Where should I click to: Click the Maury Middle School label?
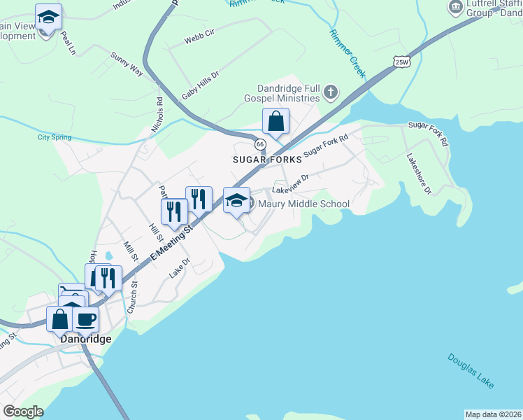[303, 204]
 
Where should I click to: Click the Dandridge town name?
[85, 339]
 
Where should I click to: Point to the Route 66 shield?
[260, 143]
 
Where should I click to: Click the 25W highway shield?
[401, 62]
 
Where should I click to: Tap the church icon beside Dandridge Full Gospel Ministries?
[331, 92]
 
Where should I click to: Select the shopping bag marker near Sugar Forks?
[276, 121]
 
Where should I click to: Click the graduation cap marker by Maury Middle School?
[236, 200]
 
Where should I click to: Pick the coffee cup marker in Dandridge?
[85, 319]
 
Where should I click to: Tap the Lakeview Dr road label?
[290, 184]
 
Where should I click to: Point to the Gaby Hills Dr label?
[201, 84]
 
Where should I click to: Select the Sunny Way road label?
[127, 62]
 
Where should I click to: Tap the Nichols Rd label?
[157, 114]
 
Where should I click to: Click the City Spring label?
[55, 137]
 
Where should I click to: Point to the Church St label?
[132, 296]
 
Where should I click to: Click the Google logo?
[23, 412]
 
